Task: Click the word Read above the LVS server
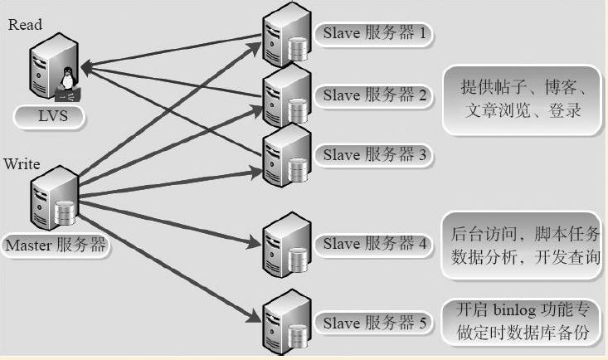tap(25, 24)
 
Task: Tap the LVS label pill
tap(49, 117)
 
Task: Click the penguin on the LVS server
tap(68, 78)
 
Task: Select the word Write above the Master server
tap(22, 164)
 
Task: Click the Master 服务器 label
tap(56, 246)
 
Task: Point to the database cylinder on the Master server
tap(65, 213)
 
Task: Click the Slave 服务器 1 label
tap(374, 33)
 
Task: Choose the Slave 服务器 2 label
tap(374, 95)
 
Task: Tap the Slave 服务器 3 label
tap(374, 155)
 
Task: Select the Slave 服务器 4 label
tap(374, 245)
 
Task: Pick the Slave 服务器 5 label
tap(374, 324)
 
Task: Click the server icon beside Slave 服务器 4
tap(287, 246)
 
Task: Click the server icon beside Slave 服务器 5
tap(287, 322)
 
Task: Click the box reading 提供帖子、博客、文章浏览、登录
tap(522, 100)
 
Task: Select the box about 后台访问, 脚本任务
tap(522, 246)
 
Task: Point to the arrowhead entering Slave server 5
tap(255, 317)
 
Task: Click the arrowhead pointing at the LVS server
tap(86, 67)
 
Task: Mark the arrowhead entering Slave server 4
tap(255, 243)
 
